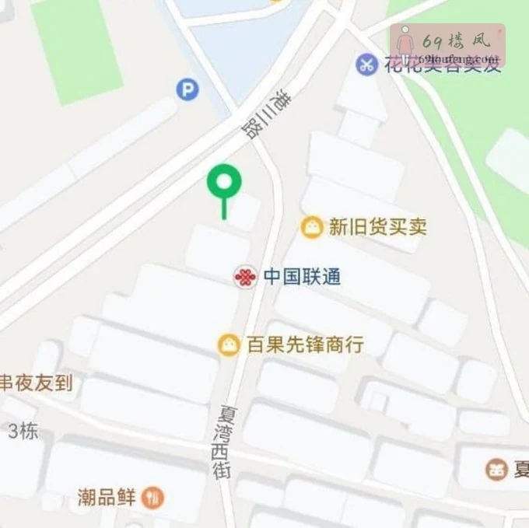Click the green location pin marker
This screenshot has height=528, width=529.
coord(224,184)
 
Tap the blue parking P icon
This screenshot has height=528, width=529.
coord(187,90)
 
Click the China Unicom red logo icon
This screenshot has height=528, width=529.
coord(245,277)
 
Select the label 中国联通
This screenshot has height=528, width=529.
coord(302,277)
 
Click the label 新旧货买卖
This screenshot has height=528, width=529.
coord(377,227)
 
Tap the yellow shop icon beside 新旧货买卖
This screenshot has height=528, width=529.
coord(312,227)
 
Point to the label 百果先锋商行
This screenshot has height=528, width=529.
coord(305,344)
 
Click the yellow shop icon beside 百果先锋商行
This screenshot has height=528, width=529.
coord(229,344)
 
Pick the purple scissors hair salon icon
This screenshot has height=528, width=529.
coord(366,65)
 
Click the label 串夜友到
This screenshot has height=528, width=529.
coord(35,382)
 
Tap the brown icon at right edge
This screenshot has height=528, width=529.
coord(496,469)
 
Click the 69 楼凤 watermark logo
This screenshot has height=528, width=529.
coord(447,45)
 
